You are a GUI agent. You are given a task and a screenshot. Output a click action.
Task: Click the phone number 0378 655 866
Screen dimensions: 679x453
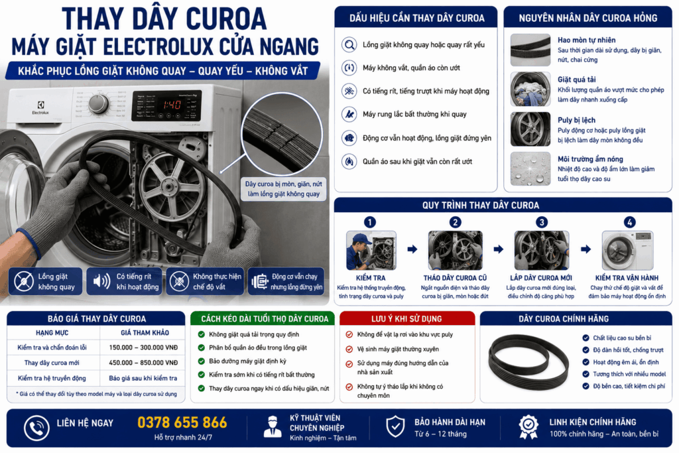(182, 422)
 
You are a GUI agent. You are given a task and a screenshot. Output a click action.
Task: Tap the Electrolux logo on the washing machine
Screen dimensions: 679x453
(40, 107)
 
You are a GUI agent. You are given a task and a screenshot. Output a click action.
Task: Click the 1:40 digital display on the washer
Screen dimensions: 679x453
(172, 105)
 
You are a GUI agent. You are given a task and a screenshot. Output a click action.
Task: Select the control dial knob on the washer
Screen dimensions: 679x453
(99, 104)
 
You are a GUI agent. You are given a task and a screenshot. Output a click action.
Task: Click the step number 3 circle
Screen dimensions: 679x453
(541, 222)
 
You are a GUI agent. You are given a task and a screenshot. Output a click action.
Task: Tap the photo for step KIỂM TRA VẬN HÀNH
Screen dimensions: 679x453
(627, 250)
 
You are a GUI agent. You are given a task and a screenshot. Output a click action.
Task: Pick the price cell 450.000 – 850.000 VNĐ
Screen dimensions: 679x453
(143, 363)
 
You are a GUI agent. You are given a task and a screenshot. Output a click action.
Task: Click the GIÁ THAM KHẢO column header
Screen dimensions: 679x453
(145, 332)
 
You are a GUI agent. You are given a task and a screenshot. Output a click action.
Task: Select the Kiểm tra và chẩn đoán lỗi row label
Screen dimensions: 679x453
(52, 348)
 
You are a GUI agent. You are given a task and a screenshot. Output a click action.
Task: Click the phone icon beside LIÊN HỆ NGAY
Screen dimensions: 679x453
(36, 428)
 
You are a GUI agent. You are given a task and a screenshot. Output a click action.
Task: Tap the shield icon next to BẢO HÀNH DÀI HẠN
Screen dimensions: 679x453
(395, 427)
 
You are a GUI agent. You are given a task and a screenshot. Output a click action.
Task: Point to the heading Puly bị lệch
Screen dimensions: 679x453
(576, 120)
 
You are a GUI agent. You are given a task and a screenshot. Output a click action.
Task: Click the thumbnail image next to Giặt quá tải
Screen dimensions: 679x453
(530, 90)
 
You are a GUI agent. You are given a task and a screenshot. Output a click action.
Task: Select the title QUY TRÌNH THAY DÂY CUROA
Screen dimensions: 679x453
(481, 206)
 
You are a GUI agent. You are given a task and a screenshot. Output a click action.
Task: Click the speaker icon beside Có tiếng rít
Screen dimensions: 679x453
(101, 281)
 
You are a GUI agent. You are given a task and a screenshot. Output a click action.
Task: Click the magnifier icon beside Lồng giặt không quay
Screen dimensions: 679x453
(349, 44)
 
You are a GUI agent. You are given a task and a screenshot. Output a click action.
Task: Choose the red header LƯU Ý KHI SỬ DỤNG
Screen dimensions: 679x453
(406, 319)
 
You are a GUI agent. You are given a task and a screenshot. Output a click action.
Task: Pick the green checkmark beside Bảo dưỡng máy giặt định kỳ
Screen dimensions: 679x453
(202, 361)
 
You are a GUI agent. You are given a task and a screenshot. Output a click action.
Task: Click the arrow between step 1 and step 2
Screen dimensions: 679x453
(412, 249)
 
